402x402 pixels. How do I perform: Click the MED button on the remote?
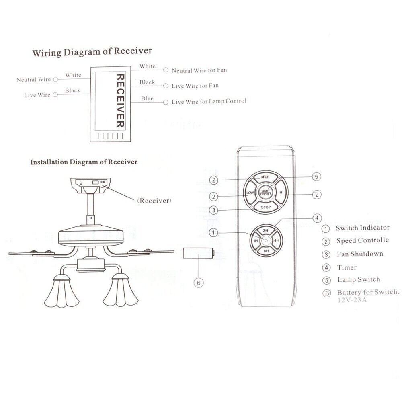click(x=265, y=177)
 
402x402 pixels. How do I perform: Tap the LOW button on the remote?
click(x=250, y=193)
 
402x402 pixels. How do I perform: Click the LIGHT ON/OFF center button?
click(x=265, y=193)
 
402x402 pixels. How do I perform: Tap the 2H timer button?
click(x=265, y=230)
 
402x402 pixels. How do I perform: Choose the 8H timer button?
click(x=266, y=251)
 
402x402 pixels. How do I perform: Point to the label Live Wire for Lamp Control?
click(x=209, y=102)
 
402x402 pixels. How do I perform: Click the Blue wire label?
click(x=147, y=98)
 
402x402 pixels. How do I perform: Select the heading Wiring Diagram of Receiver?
click(x=92, y=51)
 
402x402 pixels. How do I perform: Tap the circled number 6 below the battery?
click(x=198, y=283)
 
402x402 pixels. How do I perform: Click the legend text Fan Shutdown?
click(x=359, y=254)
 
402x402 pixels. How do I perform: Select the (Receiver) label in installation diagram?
click(x=154, y=200)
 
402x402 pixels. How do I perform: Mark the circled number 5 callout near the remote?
click(x=316, y=177)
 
